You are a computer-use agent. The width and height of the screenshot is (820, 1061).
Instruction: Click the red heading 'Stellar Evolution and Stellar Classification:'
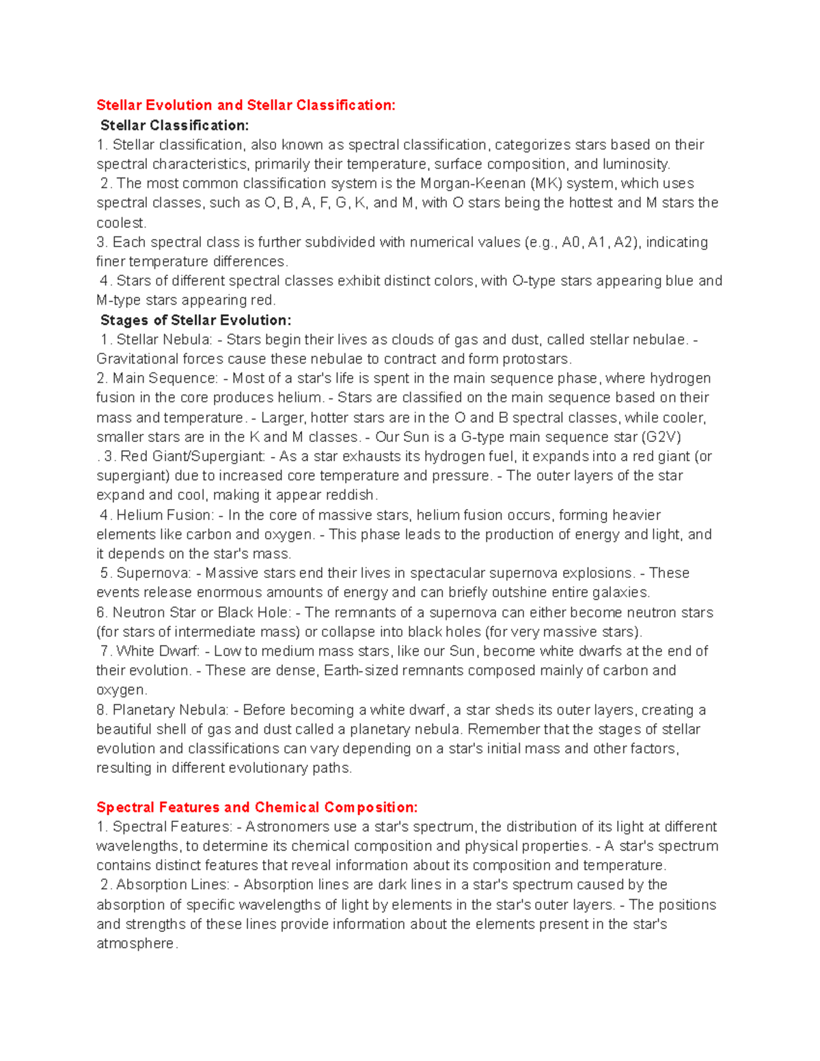point(245,105)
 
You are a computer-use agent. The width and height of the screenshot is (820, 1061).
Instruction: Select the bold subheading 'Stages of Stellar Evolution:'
point(195,320)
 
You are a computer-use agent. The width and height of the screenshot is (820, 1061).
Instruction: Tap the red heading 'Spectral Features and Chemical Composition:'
point(257,808)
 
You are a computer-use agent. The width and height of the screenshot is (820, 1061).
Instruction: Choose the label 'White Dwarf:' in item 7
point(158,651)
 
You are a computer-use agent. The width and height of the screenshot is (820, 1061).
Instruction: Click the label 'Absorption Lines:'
point(173,885)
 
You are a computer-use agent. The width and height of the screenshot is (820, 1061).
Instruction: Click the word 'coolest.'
point(121,223)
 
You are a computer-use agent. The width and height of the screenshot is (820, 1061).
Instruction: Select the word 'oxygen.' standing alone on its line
point(122,690)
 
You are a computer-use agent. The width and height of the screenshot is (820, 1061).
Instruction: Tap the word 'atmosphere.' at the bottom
point(137,943)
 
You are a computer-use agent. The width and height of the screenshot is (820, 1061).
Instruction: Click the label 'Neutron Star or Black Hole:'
point(202,613)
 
